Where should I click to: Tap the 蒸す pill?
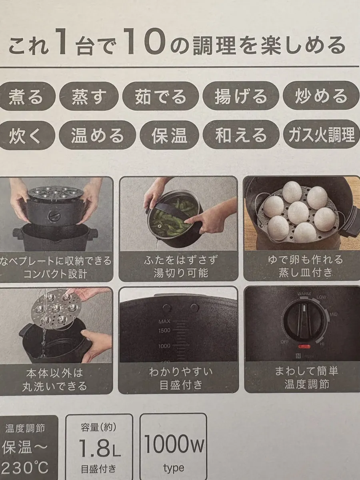tap(89, 96)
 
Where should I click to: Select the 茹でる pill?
tap(160, 96)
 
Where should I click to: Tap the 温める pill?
tap(97, 135)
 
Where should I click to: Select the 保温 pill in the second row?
tap(169, 135)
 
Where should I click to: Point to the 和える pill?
tap(241, 134)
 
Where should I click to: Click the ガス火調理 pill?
tap(321, 134)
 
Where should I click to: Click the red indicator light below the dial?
tap(304, 346)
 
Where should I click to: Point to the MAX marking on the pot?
tap(164, 322)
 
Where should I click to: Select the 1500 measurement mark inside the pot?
tap(164, 330)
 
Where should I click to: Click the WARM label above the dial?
tap(304, 294)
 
